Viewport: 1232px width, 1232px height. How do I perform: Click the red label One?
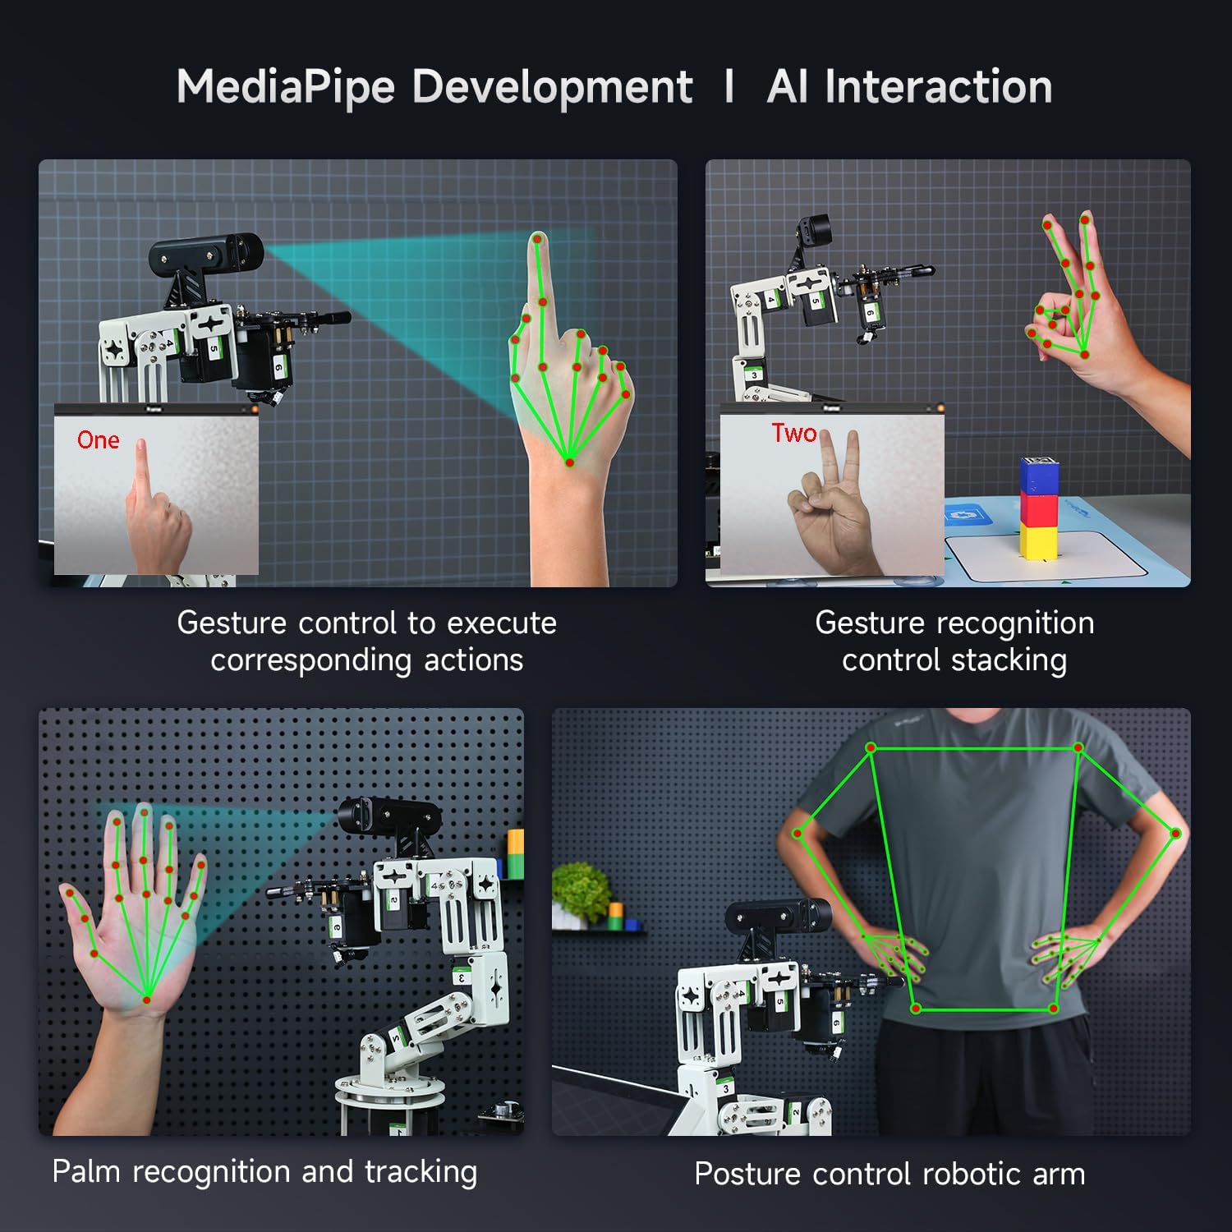click(98, 440)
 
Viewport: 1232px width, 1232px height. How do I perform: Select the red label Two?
click(793, 433)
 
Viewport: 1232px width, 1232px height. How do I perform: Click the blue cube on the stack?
click(1039, 476)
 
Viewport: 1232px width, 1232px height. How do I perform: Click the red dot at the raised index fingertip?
click(538, 239)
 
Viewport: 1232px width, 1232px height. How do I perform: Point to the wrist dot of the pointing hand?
click(569, 464)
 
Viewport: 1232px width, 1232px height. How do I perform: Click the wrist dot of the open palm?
click(147, 1000)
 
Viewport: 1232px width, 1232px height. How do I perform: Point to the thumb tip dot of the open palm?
click(70, 893)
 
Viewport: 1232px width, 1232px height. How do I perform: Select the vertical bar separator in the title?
click(729, 87)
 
